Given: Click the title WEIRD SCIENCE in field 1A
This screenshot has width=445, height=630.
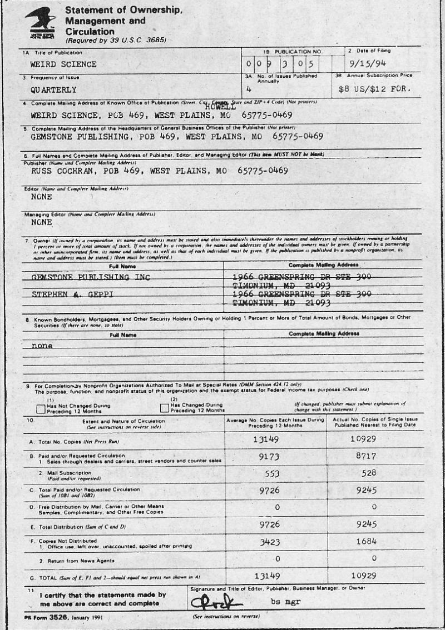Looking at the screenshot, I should tap(63, 64).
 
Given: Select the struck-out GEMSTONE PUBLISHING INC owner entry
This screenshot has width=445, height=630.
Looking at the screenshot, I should tap(91, 277).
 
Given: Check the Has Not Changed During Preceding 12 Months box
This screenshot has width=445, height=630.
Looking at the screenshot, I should tap(41, 409).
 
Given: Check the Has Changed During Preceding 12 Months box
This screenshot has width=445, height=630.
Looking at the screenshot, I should tap(164, 409).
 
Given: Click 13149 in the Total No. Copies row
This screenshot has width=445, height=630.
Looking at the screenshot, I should tap(274, 439).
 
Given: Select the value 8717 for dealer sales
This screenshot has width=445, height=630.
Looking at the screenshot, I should tap(374, 461).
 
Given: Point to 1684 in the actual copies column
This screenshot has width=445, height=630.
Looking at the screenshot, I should tap(374, 541).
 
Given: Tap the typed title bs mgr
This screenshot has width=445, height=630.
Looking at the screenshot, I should tap(281, 601).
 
